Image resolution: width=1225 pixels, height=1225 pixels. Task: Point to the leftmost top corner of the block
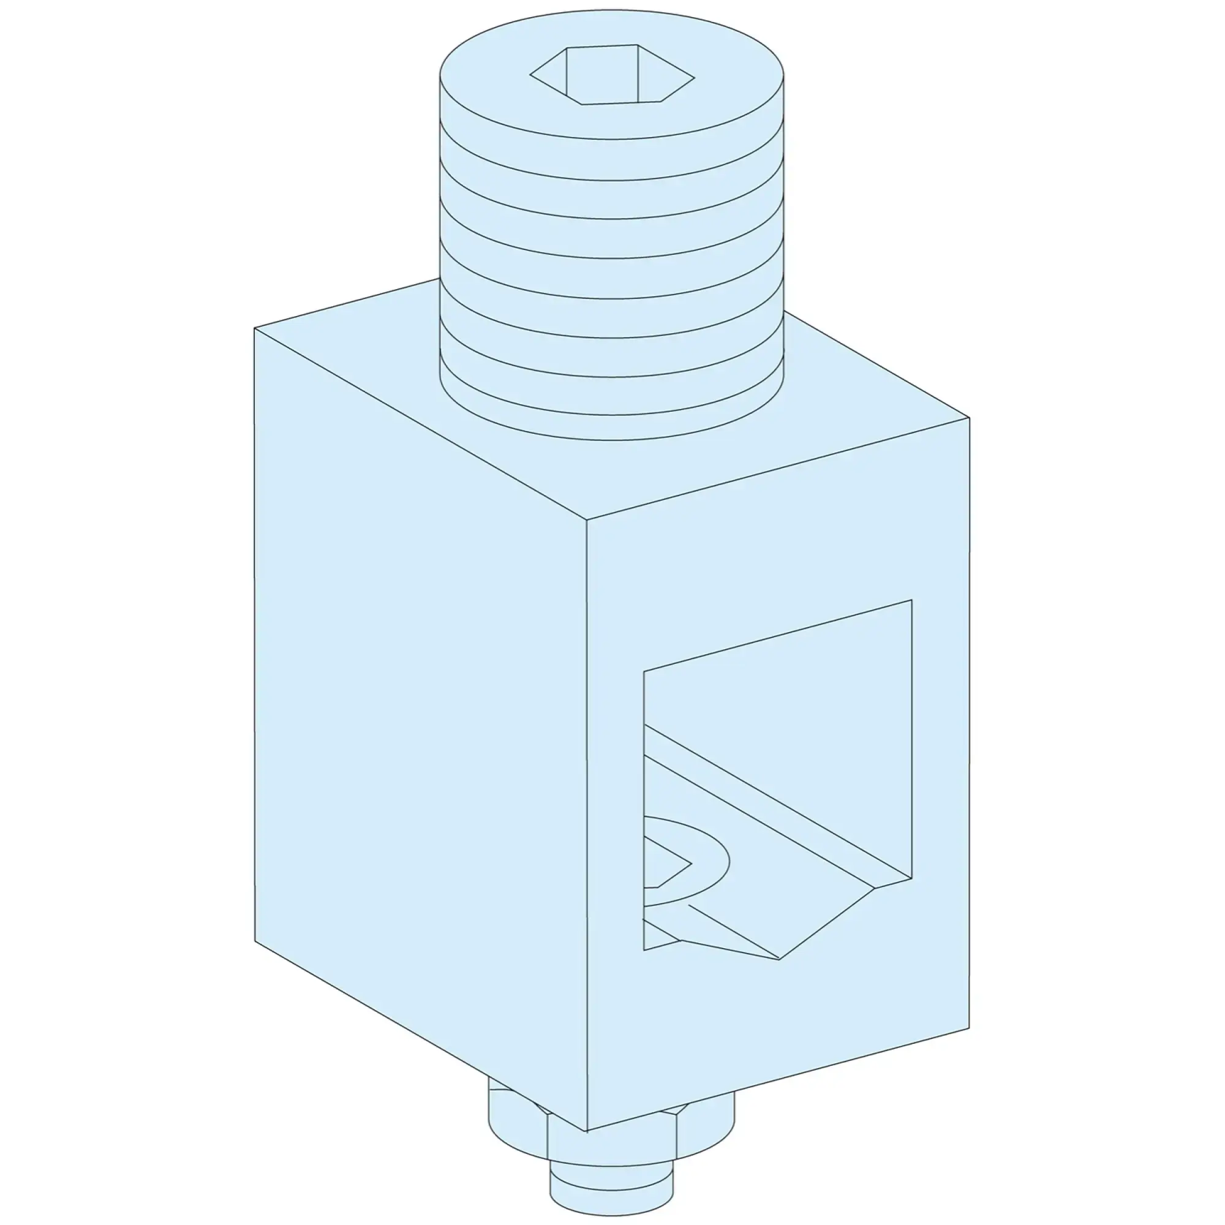(x=254, y=328)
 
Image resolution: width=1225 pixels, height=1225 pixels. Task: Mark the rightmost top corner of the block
(x=970, y=418)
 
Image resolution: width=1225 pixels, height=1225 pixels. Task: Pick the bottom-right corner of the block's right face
(x=970, y=1028)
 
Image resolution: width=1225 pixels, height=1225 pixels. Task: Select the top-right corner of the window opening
(x=912, y=600)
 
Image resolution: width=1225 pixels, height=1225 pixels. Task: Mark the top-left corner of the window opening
(x=644, y=671)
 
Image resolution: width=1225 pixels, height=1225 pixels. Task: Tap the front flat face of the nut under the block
(x=612, y=1141)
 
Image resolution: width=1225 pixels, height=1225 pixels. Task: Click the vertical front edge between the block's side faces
(x=587, y=824)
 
